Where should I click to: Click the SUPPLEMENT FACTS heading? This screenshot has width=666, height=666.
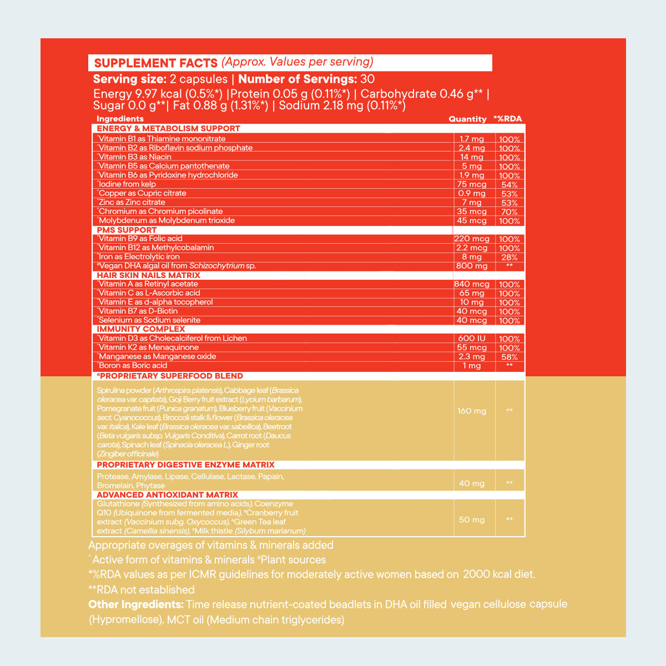[x=155, y=63]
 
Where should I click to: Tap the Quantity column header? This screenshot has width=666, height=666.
[x=467, y=119]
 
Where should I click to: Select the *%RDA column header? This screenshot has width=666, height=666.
[x=507, y=119]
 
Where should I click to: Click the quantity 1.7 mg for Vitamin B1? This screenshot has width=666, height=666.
[x=472, y=139]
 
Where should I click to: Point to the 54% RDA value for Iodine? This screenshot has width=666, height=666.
[x=509, y=185]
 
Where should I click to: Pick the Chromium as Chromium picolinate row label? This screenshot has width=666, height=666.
[x=160, y=211]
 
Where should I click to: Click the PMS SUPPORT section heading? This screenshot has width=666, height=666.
[x=127, y=230]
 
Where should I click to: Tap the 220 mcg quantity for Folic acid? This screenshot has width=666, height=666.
[x=472, y=239]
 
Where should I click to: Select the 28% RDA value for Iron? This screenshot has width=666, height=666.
[x=509, y=258]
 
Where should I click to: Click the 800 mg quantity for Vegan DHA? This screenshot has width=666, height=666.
[x=472, y=266]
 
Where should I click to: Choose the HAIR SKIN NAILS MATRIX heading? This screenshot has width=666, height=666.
[x=148, y=275]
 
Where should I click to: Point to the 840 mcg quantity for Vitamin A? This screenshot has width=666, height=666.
[x=472, y=285]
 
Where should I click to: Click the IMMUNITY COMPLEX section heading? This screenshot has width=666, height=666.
[x=140, y=329]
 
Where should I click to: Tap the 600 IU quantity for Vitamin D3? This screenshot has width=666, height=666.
[x=472, y=339]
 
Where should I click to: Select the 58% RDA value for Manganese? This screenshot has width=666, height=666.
[x=509, y=357]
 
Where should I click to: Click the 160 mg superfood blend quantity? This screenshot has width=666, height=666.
[x=472, y=411]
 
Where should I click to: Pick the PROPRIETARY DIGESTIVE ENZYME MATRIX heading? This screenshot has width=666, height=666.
[x=185, y=465]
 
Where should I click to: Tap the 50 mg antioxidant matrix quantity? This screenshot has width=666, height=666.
[x=472, y=520]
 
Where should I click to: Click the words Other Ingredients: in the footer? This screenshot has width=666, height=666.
[x=136, y=604]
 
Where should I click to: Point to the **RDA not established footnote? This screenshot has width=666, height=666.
[x=142, y=590]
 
